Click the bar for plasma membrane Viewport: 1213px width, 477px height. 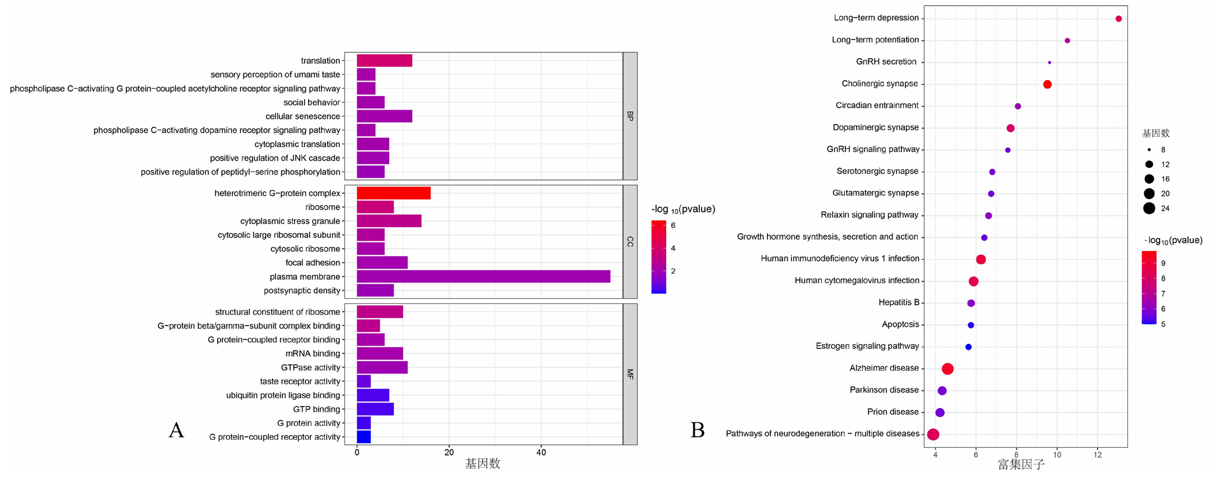(483, 277)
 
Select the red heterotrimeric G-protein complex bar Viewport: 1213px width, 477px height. (394, 193)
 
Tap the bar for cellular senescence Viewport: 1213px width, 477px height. (384, 116)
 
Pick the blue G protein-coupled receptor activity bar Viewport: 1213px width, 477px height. (364, 437)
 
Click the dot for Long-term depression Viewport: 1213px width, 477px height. (1119, 19)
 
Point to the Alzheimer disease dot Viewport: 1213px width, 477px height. (947, 369)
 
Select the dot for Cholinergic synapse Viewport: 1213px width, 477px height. (1047, 84)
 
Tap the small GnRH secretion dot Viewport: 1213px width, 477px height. (1049, 62)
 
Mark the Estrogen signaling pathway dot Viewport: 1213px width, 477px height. (968, 347)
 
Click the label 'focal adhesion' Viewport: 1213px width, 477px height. (313, 263)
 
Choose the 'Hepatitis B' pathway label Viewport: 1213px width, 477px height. (899, 302)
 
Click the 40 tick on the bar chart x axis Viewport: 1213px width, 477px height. (541, 453)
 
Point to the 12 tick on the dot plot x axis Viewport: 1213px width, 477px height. (1098, 455)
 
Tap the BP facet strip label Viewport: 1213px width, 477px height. (630, 116)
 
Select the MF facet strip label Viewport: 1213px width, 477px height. (630, 374)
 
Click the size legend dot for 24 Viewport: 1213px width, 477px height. (1149, 209)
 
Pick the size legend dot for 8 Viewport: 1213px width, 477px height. (1149, 150)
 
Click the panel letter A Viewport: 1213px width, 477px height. (176, 431)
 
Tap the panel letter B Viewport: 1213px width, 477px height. (698, 431)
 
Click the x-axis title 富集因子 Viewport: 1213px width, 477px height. (1021, 465)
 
